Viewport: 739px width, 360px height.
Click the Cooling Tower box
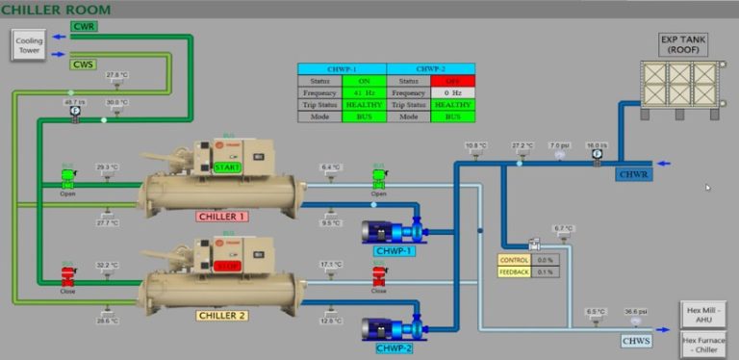click(29, 44)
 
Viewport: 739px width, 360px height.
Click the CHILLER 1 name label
click(221, 217)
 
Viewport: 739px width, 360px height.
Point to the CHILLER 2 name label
click(221, 316)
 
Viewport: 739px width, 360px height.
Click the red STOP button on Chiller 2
click(227, 267)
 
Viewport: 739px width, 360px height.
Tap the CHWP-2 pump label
click(394, 347)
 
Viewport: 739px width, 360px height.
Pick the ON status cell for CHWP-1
click(364, 81)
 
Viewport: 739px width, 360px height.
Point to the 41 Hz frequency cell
click(364, 92)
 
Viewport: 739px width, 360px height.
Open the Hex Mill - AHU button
click(705, 314)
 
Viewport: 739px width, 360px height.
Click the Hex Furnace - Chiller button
click(705, 344)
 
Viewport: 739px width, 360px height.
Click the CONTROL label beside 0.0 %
click(513, 260)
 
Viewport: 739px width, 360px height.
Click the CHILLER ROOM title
click(55, 10)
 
